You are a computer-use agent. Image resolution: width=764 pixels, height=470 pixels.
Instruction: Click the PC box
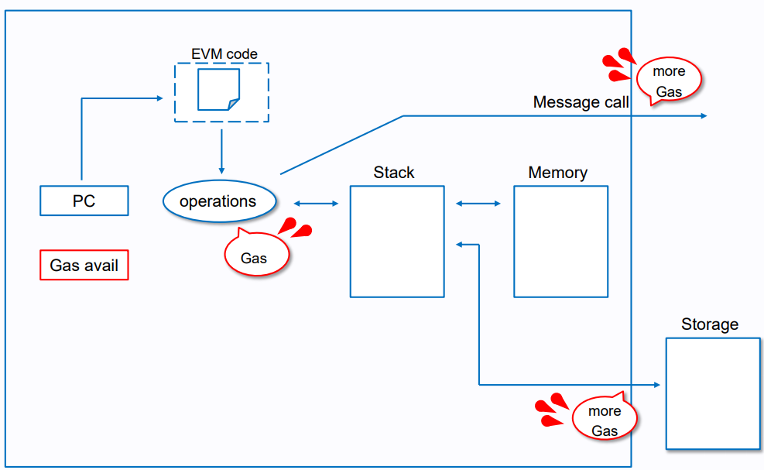(x=84, y=201)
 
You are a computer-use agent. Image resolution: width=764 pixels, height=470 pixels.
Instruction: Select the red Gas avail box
(x=84, y=266)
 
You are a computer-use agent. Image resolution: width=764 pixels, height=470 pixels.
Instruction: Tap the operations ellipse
(x=218, y=201)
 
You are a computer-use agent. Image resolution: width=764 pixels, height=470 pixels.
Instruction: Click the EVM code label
(x=224, y=54)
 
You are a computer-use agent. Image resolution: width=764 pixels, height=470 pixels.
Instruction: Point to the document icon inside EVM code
(x=219, y=90)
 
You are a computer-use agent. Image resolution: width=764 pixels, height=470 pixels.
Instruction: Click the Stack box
(x=397, y=241)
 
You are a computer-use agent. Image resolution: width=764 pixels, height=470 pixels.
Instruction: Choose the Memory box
(x=560, y=241)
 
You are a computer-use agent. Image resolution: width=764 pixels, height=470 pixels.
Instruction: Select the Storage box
(x=712, y=393)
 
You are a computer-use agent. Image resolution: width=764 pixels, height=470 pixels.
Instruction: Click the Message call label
(x=581, y=102)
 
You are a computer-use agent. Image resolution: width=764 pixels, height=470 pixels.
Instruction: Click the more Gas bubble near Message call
(x=669, y=81)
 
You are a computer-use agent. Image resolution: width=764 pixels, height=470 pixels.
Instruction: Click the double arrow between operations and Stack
(x=316, y=204)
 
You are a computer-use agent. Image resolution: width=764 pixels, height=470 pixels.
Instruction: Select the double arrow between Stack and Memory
(x=478, y=204)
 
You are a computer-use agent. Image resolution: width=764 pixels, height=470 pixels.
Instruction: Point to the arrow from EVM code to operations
(x=221, y=151)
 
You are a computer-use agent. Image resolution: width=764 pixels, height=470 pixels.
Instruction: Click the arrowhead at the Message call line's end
(x=704, y=116)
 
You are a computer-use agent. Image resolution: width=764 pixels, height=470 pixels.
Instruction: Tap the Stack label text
(x=394, y=173)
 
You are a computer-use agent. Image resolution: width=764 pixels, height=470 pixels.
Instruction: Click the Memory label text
(x=557, y=173)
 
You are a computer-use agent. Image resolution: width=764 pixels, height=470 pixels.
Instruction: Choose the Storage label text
(x=710, y=324)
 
